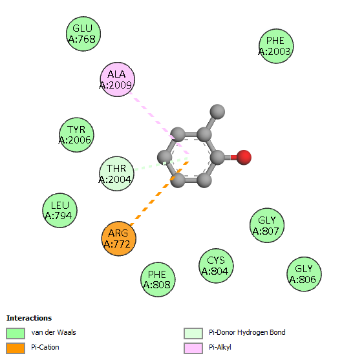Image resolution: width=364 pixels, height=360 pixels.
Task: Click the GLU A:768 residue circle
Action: pos(83,34)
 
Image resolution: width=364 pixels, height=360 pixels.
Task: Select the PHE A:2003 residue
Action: pos(276,46)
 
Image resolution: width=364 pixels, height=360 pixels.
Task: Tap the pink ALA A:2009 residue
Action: pos(118,79)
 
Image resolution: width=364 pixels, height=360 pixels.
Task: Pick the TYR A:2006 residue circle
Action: pos(76,135)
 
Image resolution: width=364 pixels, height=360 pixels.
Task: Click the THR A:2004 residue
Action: pos(116,174)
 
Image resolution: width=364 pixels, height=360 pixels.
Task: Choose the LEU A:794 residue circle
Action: pos(60,210)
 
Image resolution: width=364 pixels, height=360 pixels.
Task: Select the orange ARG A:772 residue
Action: pos(118,238)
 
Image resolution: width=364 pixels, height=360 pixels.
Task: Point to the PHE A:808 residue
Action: pos(158,279)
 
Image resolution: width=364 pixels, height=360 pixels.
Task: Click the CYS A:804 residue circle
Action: pos(216,266)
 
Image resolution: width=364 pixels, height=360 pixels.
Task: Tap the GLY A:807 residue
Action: pos(267,226)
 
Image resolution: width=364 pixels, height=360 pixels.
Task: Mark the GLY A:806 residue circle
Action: pos(304,274)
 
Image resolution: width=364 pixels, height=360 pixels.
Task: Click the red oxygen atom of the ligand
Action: pos(244,158)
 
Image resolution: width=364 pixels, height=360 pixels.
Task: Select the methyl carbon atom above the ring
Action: pos(217,112)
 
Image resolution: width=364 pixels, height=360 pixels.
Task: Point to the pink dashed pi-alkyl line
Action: pos(160,123)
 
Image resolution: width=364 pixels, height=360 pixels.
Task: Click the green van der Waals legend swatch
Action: pos(16,334)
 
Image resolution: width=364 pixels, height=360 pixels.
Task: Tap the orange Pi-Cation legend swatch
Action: pos(16,348)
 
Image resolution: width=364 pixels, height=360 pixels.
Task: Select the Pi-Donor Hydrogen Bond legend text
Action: pos(247,333)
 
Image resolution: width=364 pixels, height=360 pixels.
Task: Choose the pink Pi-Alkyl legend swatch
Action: pos(193,348)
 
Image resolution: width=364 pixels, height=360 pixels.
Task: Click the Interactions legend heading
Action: pos(29,318)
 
